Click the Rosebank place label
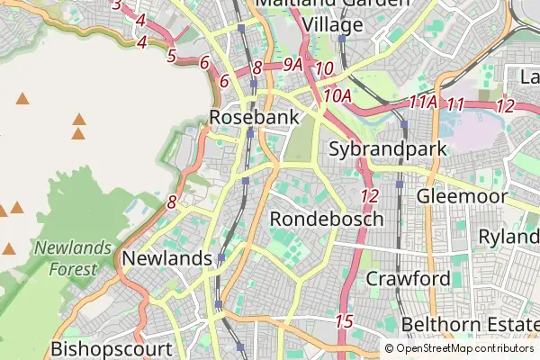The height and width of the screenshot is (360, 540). click(x=241, y=117)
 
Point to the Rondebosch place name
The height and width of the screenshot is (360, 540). click(x=327, y=219)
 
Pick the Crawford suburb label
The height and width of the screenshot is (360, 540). click(x=408, y=279)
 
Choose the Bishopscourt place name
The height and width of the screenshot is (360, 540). click(x=112, y=348)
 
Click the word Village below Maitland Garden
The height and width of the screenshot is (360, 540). click(x=332, y=24)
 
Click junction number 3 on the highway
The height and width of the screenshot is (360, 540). click(x=116, y=4)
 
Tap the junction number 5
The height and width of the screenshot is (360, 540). click(x=171, y=57)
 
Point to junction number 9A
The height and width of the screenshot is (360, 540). click(x=292, y=65)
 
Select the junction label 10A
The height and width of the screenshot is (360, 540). click(x=337, y=94)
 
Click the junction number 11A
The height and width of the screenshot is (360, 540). click(x=422, y=103)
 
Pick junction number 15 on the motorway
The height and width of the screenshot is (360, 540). click(x=344, y=321)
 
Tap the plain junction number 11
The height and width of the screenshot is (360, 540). click(x=456, y=104)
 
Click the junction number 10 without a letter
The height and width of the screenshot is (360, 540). click(x=325, y=68)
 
